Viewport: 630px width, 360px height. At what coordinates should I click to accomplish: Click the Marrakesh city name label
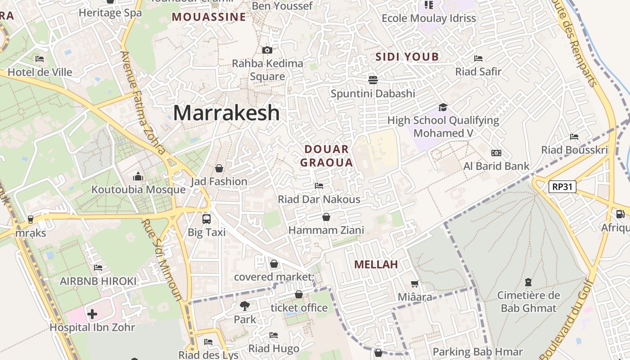pos(226,112)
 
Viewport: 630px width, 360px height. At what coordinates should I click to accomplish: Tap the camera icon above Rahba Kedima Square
pos(267,50)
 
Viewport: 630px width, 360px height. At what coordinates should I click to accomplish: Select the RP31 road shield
pos(562,186)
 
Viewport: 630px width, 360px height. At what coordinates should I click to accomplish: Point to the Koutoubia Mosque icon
pos(138,176)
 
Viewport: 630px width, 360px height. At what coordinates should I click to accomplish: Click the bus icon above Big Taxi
pos(207,219)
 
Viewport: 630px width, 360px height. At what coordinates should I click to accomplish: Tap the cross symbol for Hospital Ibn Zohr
pos(92,314)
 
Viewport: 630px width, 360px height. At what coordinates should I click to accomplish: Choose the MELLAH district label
pos(376,265)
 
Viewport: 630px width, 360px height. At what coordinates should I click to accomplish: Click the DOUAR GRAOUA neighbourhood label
pos(327,156)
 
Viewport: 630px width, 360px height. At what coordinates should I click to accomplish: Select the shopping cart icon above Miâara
pos(415,284)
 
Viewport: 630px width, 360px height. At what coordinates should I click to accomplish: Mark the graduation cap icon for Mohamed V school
pos(443,107)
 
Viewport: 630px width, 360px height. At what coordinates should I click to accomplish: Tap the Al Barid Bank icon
pos(496,153)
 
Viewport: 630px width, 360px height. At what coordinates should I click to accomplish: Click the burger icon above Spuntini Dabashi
pos(373,80)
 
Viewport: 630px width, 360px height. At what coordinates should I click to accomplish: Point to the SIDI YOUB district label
pos(407,57)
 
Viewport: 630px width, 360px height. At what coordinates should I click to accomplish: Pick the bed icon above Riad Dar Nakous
pos(319,185)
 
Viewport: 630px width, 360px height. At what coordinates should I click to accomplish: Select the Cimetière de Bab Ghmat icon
pos(528,282)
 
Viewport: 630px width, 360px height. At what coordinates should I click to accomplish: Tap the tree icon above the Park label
pos(245,306)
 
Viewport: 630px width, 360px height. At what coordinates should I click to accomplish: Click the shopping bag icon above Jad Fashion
pos(219,168)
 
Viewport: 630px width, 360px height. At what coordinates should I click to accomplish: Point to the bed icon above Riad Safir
pos(478,58)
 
